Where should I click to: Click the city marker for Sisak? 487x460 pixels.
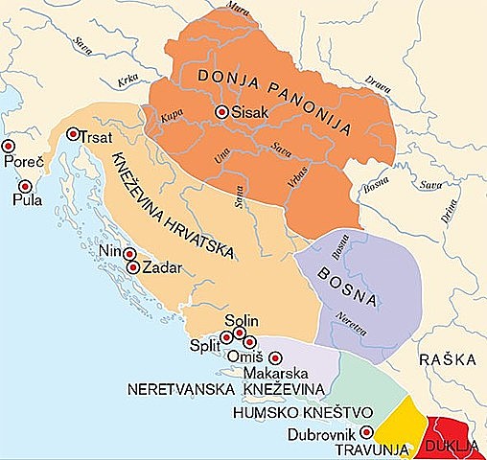tap(221, 112)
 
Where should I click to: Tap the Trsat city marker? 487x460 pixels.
tap(73, 134)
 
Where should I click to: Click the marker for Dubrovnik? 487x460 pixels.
tap(364, 433)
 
